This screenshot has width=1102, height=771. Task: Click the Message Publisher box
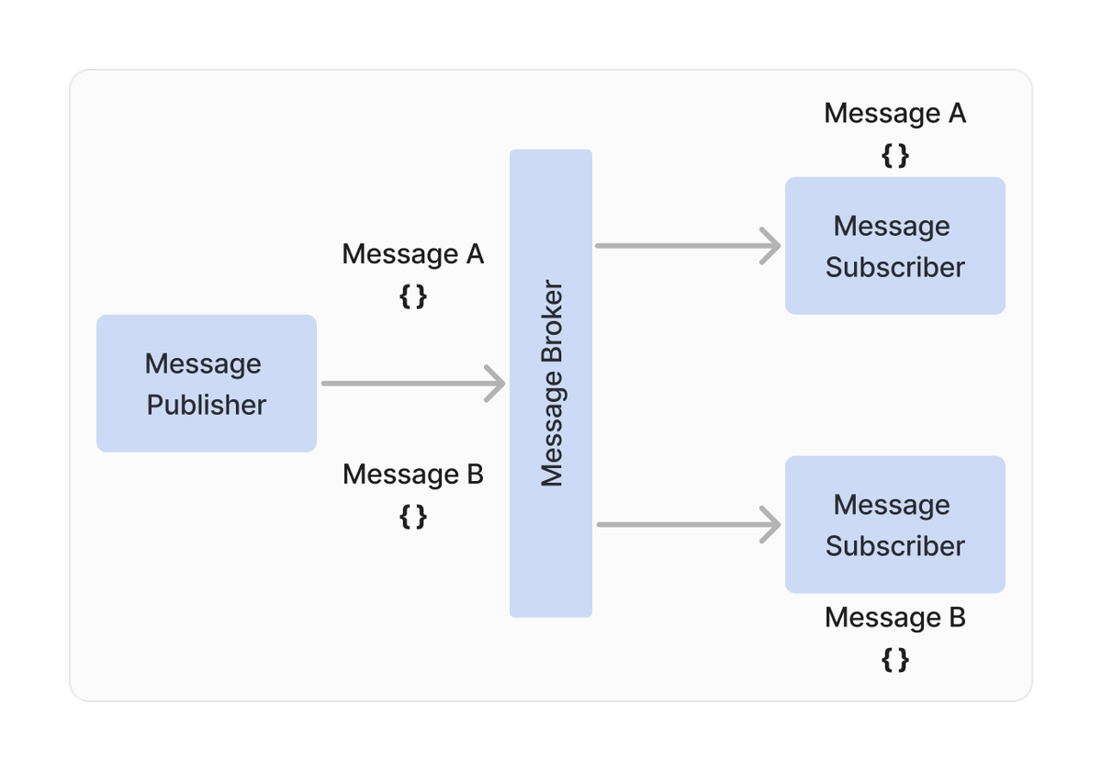point(206,383)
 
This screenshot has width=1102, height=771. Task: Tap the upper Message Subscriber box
point(894,245)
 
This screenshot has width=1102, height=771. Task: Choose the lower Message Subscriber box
point(894,524)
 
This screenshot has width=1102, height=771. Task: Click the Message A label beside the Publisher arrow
point(412,253)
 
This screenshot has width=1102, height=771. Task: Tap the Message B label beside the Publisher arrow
point(412,475)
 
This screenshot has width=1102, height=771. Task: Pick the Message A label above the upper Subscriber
point(894,113)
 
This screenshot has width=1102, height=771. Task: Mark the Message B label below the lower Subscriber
point(894,618)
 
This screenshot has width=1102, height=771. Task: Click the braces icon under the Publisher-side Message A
point(413,296)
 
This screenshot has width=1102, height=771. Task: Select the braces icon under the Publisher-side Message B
point(413,517)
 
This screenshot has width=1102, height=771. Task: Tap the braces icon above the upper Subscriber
point(894,155)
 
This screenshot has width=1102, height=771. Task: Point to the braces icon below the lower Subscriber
point(894,659)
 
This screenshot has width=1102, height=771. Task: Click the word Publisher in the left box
point(207,405)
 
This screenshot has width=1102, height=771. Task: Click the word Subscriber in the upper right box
point(894,267)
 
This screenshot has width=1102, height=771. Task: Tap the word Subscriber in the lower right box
point(894,546)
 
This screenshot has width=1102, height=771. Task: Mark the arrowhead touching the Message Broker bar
point(496,383)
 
